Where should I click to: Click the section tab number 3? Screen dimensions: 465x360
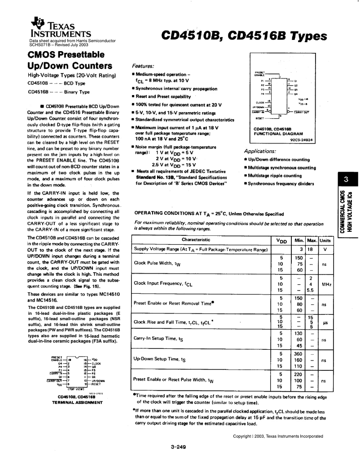click(346, 180)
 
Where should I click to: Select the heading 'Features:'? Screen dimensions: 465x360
click(143, 65)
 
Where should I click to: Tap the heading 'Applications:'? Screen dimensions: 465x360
click(260, 151)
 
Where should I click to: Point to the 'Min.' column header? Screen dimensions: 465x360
click(299, 240)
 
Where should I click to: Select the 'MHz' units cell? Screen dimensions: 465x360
click(326, 283)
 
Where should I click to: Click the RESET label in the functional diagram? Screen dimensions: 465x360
click(260, 119)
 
